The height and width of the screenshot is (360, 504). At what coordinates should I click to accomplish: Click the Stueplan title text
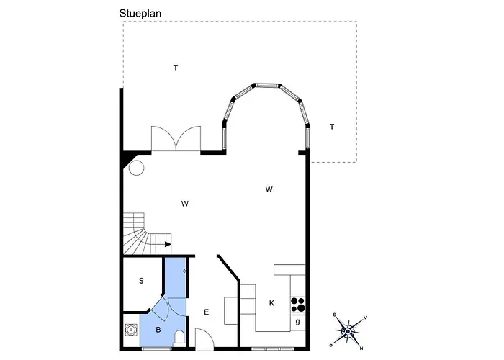tap(140, 14)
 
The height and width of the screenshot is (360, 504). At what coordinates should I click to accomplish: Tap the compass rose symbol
tap(348, 331)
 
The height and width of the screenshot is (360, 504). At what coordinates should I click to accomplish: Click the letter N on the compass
tap(361, 348)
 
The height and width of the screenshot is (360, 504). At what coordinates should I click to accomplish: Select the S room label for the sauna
tap(141, 281)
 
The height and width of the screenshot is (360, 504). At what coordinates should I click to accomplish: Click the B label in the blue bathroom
tap(158, 330)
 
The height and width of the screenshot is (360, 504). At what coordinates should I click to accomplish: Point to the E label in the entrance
tap(207, 312)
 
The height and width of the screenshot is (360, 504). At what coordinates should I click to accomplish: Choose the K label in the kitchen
tap(271, 303)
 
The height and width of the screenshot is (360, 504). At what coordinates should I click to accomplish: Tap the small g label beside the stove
tap(297, 321)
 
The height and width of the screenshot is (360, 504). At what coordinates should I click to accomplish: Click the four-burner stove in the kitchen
tap(298, 305)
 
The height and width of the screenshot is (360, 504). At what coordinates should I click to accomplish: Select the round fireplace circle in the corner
tap(136, 168)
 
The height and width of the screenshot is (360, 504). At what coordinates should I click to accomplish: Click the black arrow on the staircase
tap(168, 244)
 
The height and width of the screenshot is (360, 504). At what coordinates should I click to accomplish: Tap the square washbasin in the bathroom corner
tap(131, 330)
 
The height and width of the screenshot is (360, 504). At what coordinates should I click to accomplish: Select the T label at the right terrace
tap(332, 127)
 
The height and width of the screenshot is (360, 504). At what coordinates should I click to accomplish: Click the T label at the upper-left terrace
tap(176, 68)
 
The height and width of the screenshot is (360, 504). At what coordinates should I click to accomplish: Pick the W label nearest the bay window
tap(269, 189)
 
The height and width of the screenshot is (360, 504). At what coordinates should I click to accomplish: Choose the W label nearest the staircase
tap(185, 204)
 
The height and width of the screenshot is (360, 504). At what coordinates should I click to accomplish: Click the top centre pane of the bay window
tap(267, 85)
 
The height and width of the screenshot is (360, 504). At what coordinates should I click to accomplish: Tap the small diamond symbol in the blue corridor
tap(184, 271)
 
